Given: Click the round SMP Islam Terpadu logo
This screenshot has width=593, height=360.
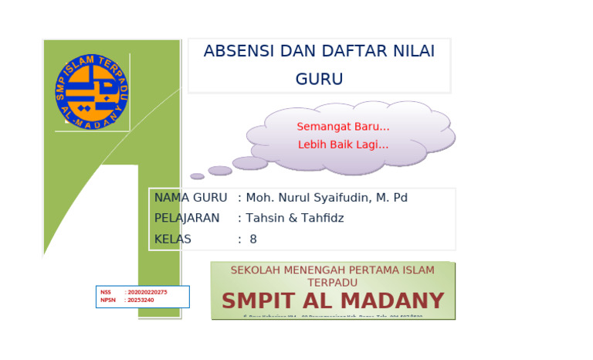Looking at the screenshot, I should pos(92,91).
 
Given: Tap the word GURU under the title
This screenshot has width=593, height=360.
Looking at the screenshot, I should pos(319,80).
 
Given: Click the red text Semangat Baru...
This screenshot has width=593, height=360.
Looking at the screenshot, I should pos(343,127).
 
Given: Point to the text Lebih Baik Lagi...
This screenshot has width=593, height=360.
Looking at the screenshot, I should pos(343,144).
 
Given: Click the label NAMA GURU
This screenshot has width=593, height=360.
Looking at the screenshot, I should pos(190,198).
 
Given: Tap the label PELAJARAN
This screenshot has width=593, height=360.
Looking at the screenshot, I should pos(187,219).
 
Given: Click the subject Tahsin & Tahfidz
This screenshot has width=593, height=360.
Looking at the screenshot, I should pos(295,219).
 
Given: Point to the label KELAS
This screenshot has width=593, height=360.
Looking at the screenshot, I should pos(173,239).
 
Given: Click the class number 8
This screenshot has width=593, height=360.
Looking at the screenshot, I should pos(253,239).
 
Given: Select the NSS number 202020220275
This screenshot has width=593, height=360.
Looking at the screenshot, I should pos(147,292).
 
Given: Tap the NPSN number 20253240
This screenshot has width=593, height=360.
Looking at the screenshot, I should pos(141,300).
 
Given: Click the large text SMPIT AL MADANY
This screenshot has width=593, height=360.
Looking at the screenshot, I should pos(333,301).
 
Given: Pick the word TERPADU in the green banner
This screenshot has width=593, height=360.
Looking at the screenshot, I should pos(333,283).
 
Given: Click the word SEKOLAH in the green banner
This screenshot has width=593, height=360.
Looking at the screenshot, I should pos(256,270).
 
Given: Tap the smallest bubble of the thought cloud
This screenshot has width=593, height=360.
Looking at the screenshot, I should pos(198,176).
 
